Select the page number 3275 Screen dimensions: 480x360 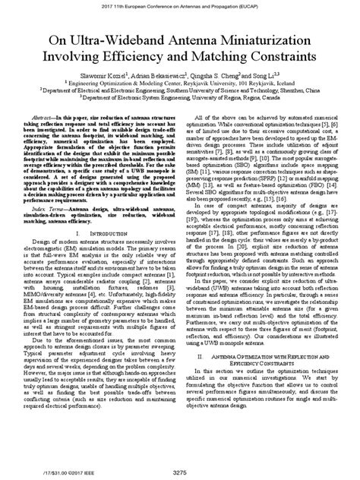click(180, 472)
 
